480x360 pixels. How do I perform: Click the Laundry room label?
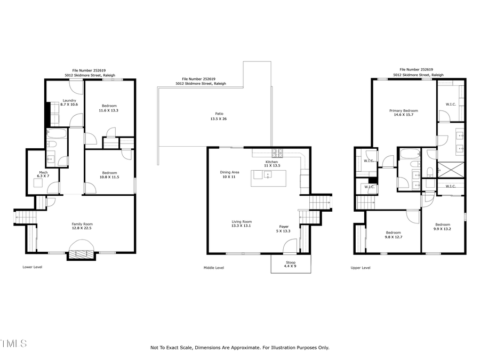(69, 102)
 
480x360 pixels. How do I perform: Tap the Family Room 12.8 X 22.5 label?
(82, 226)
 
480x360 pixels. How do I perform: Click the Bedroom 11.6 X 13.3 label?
(109, 108)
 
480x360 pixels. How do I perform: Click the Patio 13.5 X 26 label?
(219, 116)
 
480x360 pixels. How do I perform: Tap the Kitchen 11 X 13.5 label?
(272, 164)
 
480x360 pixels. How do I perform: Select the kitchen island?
(269, 178)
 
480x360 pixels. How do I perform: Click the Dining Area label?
(229, 174)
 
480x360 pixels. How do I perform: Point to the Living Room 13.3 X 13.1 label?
(242, 223)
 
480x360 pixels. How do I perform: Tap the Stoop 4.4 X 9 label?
(291, 264)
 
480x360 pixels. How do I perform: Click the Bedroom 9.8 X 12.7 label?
(394, 235)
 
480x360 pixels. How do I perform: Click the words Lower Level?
(33, 267)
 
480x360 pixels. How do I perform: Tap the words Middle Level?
(214, 268)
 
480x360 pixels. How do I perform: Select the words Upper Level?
(361, 268)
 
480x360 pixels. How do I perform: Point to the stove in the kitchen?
(278, 154)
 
